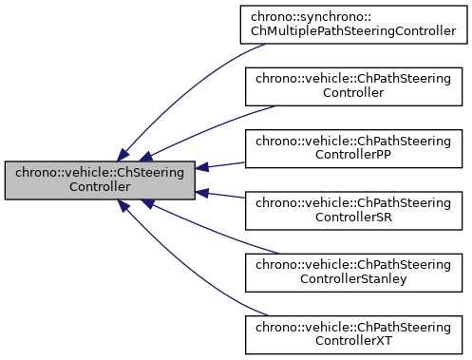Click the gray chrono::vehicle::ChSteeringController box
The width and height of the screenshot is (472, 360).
(100, 180)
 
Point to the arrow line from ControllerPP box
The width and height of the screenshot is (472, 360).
(223, 164)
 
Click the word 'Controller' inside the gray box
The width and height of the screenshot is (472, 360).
(100, 187)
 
